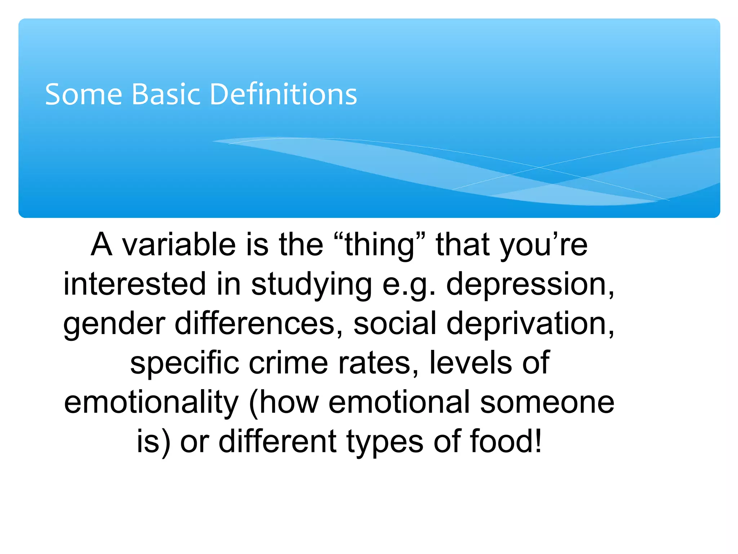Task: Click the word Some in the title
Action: click(83, 94)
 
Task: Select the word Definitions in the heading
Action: click(283, 94)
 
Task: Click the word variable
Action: click(179, 245)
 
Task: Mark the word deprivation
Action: click(530, 324)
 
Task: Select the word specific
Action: click(184, 363)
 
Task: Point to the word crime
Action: click(288, 363)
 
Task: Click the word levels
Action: click(471, 363)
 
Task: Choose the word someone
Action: click(547, 403)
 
